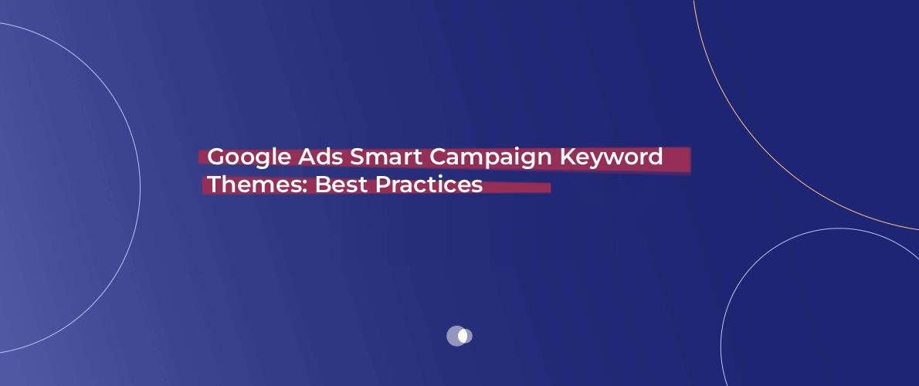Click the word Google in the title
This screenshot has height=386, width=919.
tap(249, 157)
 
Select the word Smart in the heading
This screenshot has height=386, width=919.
tap(386, 157)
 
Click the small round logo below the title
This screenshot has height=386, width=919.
tap(459, 336)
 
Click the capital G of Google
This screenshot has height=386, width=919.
tap(216, 157)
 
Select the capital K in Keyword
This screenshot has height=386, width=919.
tap(566, 157)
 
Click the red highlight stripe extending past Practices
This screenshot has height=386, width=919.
tap(517, 188)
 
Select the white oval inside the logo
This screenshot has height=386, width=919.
tap(463, 336)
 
